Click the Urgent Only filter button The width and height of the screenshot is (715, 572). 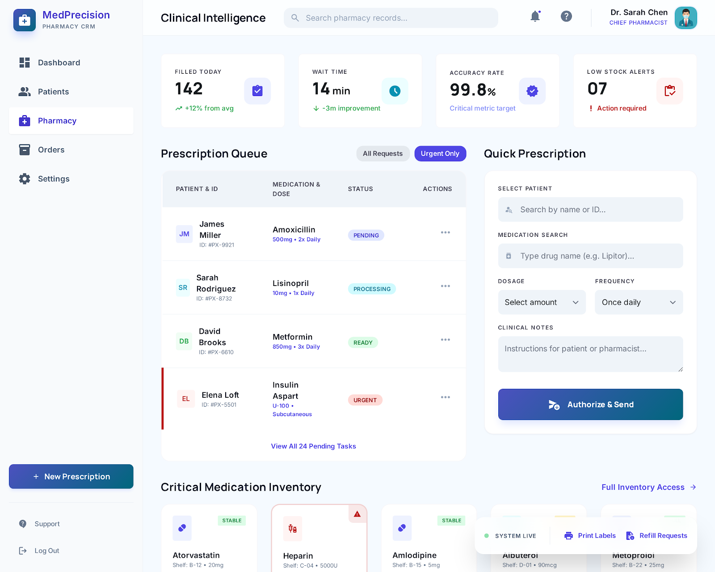coord(440,154)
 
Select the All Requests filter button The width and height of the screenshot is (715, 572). coord(383,154)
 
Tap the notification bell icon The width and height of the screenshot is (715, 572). coord(535,17)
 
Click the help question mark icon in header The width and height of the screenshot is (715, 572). coord(566,17)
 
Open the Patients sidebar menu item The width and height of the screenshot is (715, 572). coord(53,92)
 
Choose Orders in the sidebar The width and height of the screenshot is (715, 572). coord(51,150)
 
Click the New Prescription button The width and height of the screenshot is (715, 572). coord(71,476)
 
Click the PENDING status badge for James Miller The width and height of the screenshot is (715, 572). coord(366,236)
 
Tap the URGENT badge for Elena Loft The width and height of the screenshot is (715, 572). coord(365,400)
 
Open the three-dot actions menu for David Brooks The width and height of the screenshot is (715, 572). coord(445,340)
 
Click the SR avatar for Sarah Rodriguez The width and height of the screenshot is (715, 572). coord(183,288)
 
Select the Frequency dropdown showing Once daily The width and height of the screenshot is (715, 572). coord(638,303)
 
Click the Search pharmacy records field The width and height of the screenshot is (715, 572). coord(391,18)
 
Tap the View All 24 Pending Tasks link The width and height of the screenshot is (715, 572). coord(313,446)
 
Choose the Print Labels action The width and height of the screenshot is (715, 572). coord(590,535)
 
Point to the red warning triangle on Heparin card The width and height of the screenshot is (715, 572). coord(357,514)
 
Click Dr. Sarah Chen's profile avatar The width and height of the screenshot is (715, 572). coord(686,18)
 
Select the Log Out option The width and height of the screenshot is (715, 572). coord(46,551)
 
